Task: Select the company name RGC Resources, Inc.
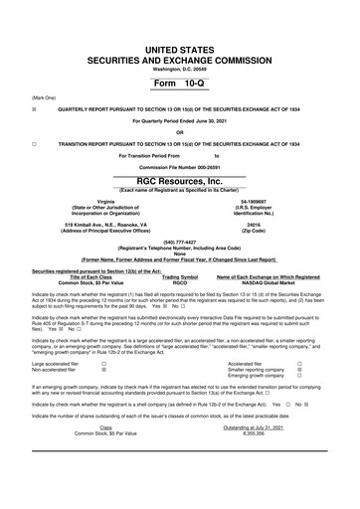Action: [180, 183]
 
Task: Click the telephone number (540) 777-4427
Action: [180, 242]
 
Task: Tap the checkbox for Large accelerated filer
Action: [103, 364]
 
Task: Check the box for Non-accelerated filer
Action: [103, 370]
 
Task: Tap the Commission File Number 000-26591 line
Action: [180, 167]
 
